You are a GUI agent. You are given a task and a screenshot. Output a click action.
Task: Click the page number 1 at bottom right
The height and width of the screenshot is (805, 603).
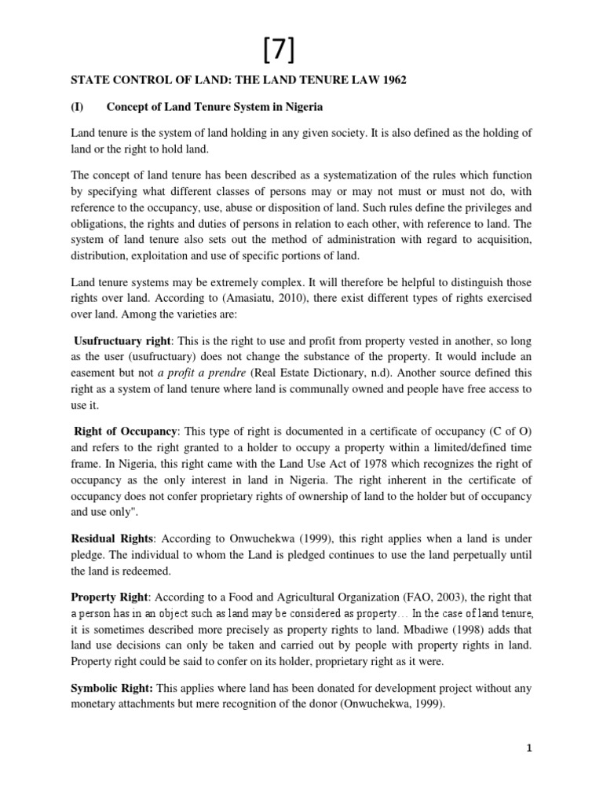529,748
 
